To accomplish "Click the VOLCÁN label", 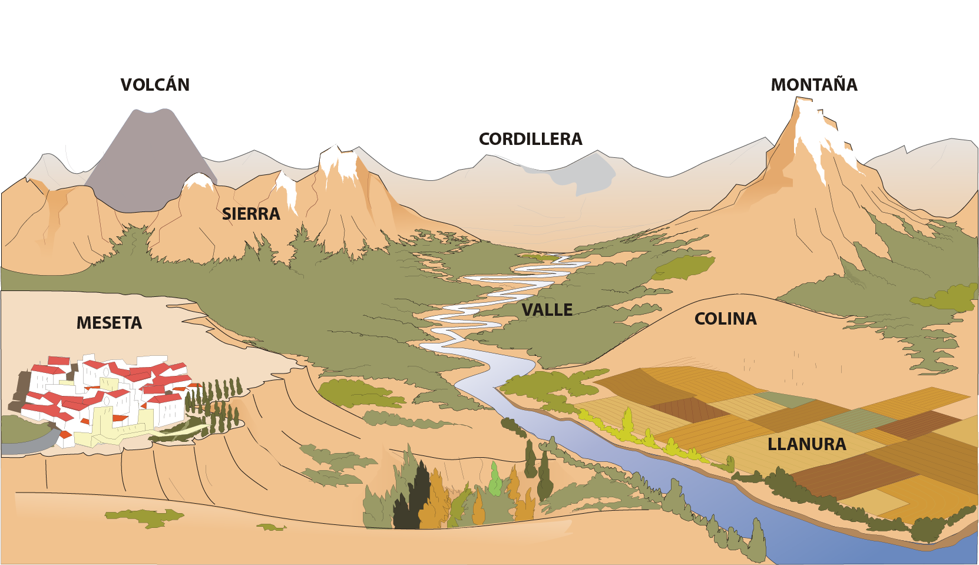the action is pyautogui.click(x=155, y=84).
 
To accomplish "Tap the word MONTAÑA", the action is pyautogui.click(x=814, y=84).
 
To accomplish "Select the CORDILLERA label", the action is pyautogui.click(x=531, y=139).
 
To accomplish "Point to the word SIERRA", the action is pyautogui.click(x=251, y=214).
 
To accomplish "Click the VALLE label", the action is pyautogui.click(x=547, y=310).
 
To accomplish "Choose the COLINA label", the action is pyautogui.click(x=726, y=319).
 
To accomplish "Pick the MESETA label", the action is pyautogui.click(x=109, y=323).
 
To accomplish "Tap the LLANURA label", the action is pyautogui.click(x=807, y=444).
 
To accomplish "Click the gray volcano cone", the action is pyautogui.click(x=151, y=161).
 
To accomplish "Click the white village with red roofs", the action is pyautogui.click(x=105, y=400).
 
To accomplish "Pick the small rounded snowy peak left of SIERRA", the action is pyautogui.click(x=199, y=181).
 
